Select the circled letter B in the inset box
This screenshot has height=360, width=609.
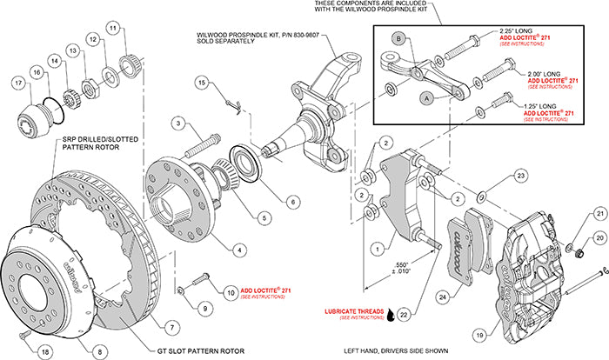pos(397,37)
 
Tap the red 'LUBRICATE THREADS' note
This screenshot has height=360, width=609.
pos(343,310)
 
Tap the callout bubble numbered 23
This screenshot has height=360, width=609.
pos(519,175)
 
